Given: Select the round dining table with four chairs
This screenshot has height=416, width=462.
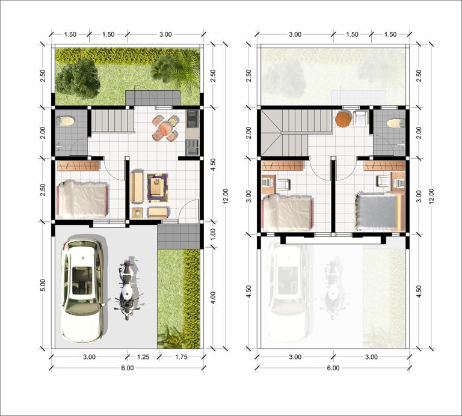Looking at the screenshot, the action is tap(165, 128).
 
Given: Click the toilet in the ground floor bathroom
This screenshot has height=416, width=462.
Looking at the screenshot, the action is tap(66, 121).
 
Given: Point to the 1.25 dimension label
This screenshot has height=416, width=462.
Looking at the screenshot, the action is tap(143, 357).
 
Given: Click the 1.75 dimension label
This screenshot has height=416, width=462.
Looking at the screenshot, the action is tap(181, 357).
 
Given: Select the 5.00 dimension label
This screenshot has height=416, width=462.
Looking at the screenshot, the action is tap(43, 285).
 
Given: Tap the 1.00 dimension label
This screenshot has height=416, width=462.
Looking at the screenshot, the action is tap(214, 234).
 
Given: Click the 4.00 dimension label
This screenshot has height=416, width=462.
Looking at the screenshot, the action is tap(214, 298).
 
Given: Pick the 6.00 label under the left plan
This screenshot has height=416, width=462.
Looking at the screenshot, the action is tap(128, 368).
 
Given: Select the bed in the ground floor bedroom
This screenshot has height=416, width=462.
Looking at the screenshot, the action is tap(82, 200).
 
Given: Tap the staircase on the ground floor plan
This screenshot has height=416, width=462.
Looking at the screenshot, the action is tap(112, 121).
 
